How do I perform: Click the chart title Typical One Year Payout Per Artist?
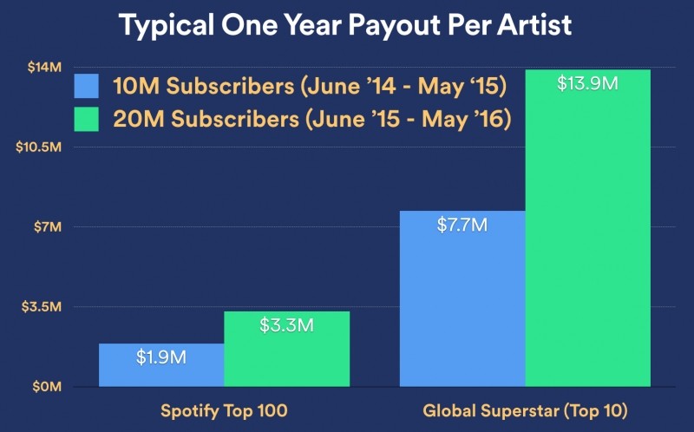click(345, 25)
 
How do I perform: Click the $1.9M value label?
click(161, 357)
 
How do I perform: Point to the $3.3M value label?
click(287, 326)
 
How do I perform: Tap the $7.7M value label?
click(462, 226)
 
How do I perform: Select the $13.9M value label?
click(588, 84)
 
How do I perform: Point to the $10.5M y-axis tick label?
click(38, 147)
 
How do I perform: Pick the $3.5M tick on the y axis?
click(42, 306)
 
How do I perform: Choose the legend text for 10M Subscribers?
click(309, 87)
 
